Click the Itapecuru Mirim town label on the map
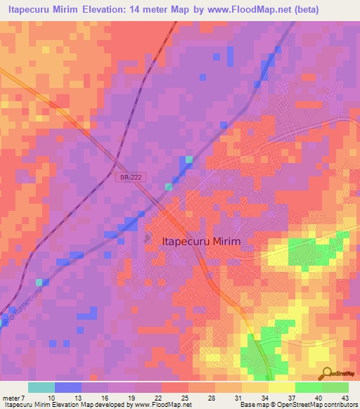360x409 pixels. [x=201, y=241]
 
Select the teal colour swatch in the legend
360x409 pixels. [x=41, y=387]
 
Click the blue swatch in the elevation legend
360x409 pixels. [x=68, y=387]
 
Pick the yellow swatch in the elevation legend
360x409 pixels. [x=281, y=387]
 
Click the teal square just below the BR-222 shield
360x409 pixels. [x=169, y=187]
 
